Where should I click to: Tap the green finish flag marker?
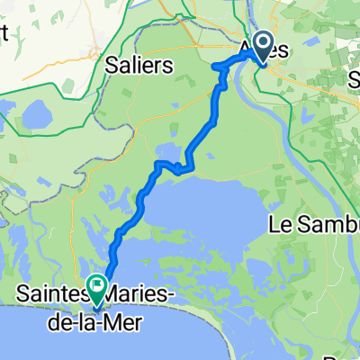[95, 286]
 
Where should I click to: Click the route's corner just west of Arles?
[216, 67]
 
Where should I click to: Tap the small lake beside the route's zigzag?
[170, 150]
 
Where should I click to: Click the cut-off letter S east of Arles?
[354, 80]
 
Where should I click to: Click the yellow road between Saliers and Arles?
[180, 47]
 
